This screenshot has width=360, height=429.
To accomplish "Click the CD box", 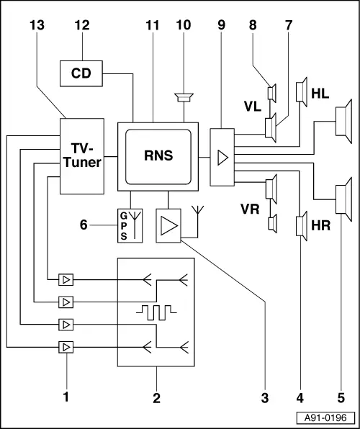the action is [x=81, y=73].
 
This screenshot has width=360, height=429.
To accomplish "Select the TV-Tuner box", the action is [x=82, y=156].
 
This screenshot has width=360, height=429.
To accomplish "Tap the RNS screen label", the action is [x=158, y=155].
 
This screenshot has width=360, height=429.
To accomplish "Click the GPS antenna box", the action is [x=130, y=226].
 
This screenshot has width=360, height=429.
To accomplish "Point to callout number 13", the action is [x=37, y=25].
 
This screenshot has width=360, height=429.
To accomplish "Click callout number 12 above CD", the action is [x=82, y=25].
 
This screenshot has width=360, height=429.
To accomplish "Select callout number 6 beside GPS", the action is [x=84, y=225].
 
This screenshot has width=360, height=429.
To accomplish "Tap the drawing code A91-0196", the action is [x=325, y=418].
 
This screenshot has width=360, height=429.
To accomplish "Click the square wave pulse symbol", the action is [x=156, y=312].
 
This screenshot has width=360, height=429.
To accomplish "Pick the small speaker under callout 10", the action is [x=184, y=98].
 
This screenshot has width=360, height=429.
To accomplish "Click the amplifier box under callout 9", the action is [x=222, y=158].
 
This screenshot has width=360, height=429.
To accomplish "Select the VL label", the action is [x=253, y=107].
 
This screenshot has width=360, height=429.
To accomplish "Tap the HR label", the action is [x=321, y=226].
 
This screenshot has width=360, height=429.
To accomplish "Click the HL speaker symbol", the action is [x=302, y=92].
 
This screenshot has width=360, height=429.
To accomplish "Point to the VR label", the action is [x=250, y=209].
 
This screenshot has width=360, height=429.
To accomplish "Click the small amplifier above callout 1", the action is [x=66, y=347].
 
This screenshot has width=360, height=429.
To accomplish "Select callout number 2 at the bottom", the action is [x=156, y=398].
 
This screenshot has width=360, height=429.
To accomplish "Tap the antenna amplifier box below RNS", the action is [x=168, y=226].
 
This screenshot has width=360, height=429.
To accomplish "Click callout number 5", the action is [x=341, y=398].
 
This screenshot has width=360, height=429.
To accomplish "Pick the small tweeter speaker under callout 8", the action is [x=272, y=94].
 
